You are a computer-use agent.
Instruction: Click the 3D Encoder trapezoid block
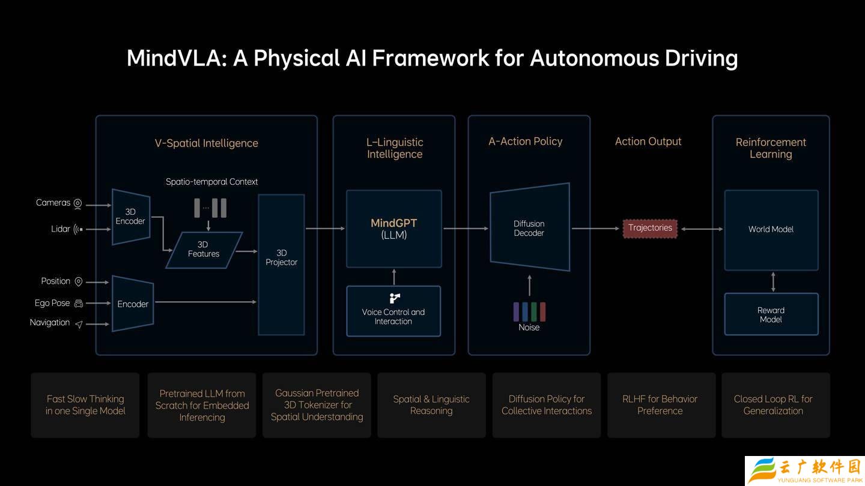[130, 217]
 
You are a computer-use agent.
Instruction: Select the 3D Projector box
[281, 264]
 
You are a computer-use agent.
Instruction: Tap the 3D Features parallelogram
[204, 250]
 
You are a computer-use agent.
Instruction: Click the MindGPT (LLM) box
[394, 229]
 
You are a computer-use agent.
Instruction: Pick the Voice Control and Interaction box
[393, 311]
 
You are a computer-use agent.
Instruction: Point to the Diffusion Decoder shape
[529, 228]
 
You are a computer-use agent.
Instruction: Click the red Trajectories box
[650, 228]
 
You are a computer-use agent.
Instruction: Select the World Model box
[771, 230]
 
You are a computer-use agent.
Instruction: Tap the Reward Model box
[771, 314]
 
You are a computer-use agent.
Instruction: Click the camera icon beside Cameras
[77, 203]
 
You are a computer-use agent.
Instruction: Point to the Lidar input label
[61, 229]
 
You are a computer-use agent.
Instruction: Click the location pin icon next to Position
[78, 281]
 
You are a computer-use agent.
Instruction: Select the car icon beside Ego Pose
[78, 304]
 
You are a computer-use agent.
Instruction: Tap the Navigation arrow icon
[78, 324]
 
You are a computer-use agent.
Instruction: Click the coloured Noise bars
[529, 312]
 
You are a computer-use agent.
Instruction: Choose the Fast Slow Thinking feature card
[85, 405]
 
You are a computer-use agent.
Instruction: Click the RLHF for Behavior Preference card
[660, 405]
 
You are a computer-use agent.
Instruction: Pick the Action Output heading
[648, 142]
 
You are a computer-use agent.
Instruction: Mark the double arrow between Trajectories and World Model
[702, 229]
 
